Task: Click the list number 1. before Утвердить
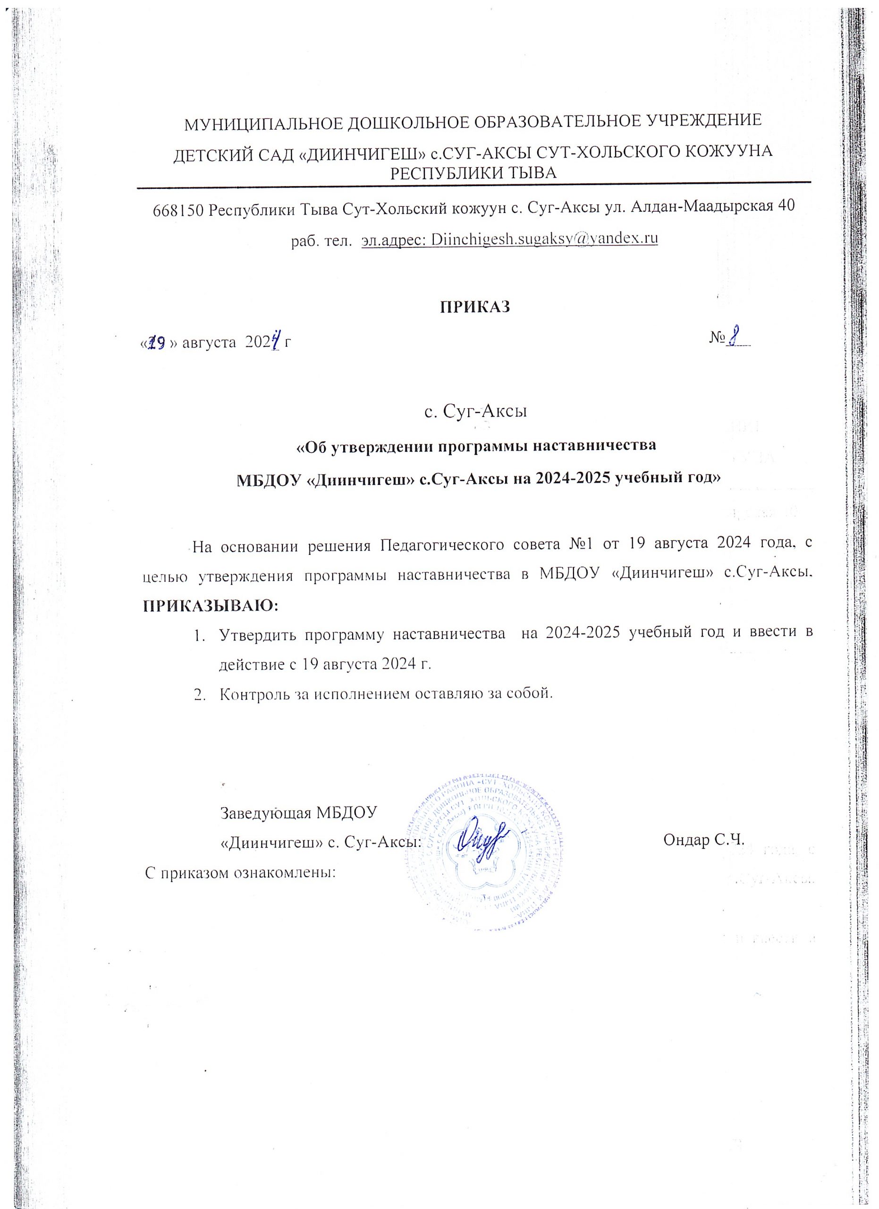tap(199, 635)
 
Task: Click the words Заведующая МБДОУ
tap(298, 812)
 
